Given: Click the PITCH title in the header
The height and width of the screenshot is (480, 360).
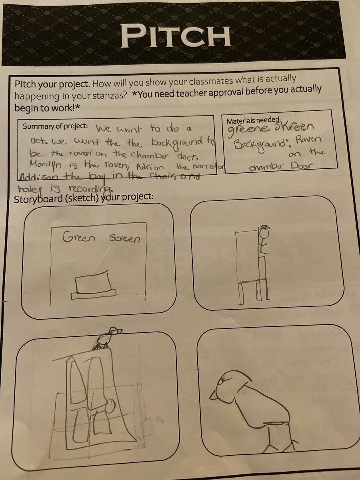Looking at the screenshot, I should click(x=176, y=36).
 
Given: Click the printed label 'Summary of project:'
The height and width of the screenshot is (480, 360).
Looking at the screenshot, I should click(x=55, y=126).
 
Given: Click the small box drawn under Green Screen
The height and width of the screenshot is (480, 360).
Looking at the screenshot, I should click(x=93, y=285).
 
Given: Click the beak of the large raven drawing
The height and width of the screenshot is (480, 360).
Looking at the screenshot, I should click(x=213, y=396).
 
